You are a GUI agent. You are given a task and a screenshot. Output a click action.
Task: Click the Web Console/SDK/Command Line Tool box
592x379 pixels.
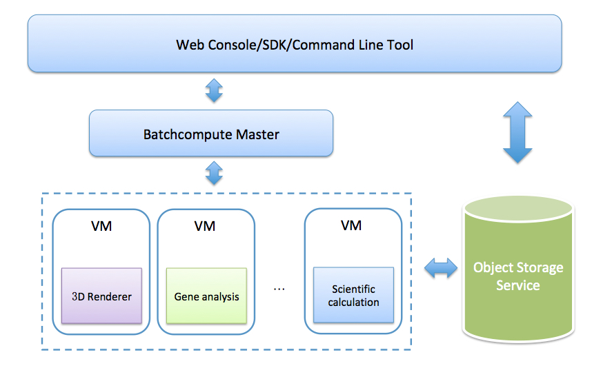pos(295,43)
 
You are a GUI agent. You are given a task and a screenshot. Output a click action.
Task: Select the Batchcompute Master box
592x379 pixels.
pos(211,133)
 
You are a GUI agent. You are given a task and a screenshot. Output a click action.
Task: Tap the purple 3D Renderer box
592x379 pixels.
pos(101,296)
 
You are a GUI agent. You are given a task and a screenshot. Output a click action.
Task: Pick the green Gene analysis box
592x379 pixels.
pos(206,296)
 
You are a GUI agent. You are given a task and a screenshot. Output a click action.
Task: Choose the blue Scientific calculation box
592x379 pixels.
pos(353,295)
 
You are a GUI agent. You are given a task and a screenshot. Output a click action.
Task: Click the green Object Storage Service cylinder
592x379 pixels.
pos(518,269)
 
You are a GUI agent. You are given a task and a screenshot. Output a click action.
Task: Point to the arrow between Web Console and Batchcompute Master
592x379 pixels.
pos(214,90)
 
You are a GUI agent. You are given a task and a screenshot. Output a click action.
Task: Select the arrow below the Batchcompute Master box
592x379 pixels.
pos(214,173)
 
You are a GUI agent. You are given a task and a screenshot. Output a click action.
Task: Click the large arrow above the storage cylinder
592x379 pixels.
pos(517,132)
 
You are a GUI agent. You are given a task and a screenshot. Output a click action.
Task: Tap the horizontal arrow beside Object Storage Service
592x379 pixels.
pos(441,268)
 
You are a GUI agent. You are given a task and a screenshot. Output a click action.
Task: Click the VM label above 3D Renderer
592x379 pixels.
pos(101,226)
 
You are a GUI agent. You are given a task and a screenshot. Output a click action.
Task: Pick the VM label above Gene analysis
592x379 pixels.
pos(205,226)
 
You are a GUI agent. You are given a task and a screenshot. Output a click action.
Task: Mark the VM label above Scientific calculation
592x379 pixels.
pos(351,225)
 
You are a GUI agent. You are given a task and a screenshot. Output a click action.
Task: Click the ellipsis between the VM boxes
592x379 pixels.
pos(279,289)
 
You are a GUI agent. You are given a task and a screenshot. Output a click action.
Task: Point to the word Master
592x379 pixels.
pos(257,134)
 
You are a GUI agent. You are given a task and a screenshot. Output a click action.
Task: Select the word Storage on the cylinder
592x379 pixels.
pos(542,268)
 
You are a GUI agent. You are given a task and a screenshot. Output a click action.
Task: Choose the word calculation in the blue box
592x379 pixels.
pos(353,302)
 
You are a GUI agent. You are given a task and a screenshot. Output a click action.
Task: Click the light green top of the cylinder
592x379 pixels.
pos(518,209)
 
